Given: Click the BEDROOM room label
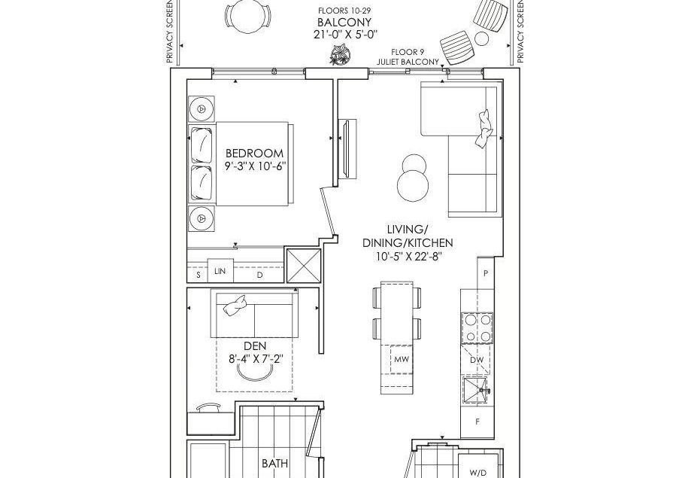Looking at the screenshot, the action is [x=254, y=154].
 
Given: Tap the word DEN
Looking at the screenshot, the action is [x=255, y=346].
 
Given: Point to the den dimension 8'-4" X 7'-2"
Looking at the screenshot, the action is [x=256, y=359].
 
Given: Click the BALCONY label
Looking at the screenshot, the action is [x=344, y=22].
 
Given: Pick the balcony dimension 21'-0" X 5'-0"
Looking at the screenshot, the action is [x=345, y=35].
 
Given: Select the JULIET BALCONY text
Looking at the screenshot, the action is [x=408, y=62].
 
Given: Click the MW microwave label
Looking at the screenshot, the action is [x=402, y=359].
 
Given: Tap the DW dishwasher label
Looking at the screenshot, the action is [x=477, y=360].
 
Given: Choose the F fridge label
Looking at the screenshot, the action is [x=477, y=422].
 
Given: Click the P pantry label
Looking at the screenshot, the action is [x=486, y=273].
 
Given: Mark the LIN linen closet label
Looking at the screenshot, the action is [x=220, y=271].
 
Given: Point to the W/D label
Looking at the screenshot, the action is [x=478, y=473].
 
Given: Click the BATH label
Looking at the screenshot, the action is [x=275, y=463].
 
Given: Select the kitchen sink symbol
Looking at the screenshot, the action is [x=477, y=391].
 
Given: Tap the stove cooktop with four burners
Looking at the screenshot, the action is [x=477, y=327].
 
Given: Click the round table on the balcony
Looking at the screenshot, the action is [x=247, y=17].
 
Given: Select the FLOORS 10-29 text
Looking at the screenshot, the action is [x=344, y=11].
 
